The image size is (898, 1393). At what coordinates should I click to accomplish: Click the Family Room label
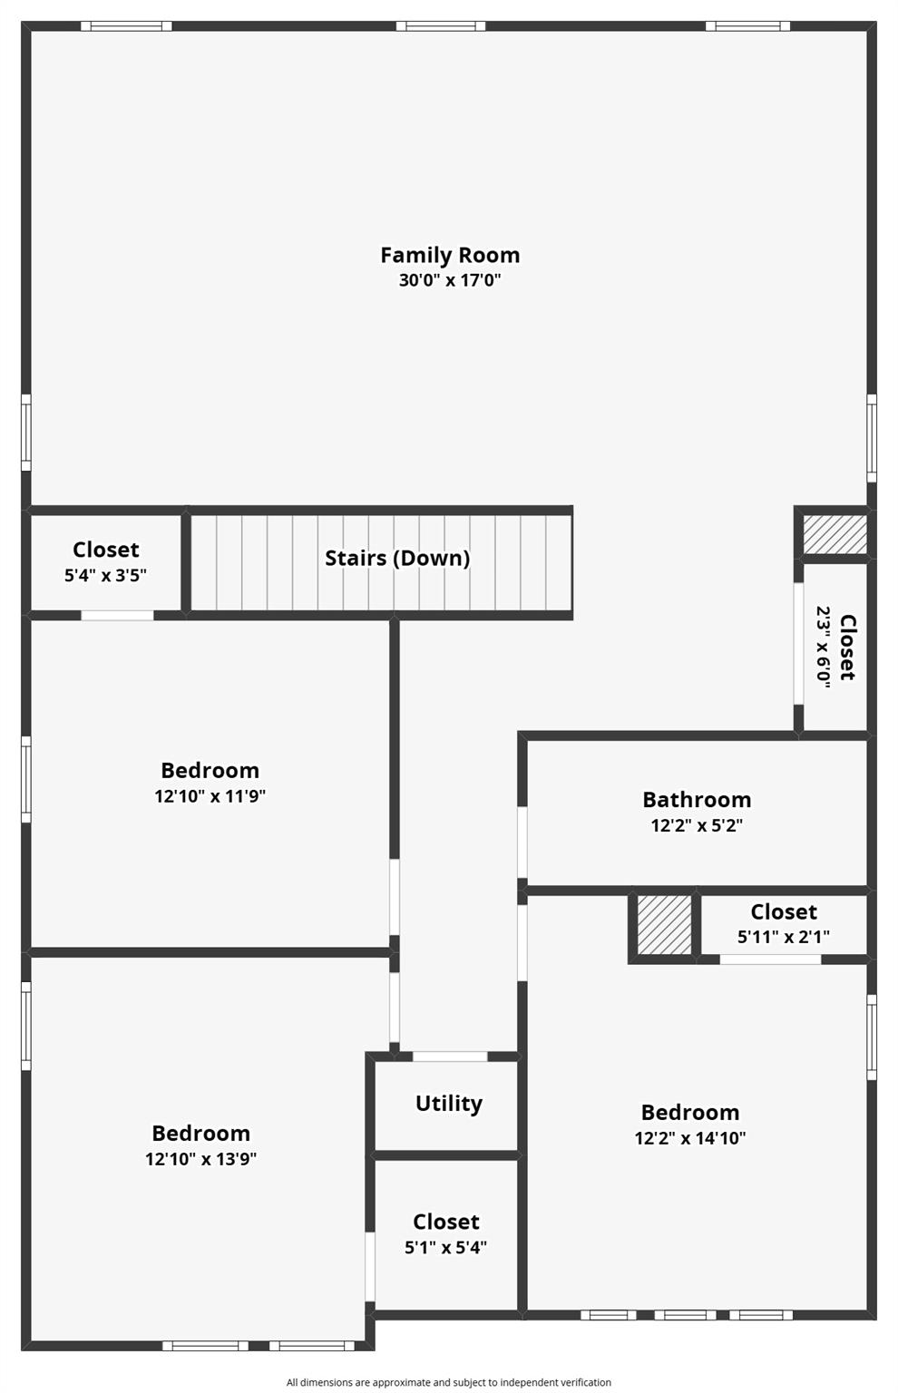pyautogui.click(x=450, y=255)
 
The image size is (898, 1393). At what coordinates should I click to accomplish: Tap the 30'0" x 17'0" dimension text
pyautogui.click(x=450, y=280)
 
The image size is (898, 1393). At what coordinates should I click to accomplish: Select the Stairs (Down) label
pyautogui.click(x=397, y=558)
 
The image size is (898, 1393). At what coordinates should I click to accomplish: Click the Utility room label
pyautogui.click(x=448, y=1104)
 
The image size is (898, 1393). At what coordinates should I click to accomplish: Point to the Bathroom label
pyautogui.click(x=697, y=800)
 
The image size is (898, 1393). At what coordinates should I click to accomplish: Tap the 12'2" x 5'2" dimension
pyautogui.click(x=697, y=825)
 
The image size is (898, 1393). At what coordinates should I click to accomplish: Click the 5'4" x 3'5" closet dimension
pyautogui.click(x=105, y=575)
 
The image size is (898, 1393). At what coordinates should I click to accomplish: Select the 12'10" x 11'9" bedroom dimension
pyautogui.click(x=210, y=796)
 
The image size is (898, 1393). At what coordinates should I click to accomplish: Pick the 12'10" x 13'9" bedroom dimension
pyautogui.click(x=200, y=1159)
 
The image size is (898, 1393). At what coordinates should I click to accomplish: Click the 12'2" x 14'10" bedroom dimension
pyautogui.click(x=689, y=1138)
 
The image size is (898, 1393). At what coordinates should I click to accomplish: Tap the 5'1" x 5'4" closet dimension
pyautogui.click(x=445, y=1247)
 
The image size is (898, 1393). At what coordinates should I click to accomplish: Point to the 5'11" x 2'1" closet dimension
pyautogui.click(x=783, y=937)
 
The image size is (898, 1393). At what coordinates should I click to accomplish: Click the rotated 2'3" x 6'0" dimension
pyautogui.click(x=824, y=647)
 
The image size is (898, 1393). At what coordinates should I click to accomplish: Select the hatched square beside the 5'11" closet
pyautogui.click(x=664, y=925)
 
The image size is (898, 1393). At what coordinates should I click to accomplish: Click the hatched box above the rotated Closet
pyautogui.click(x=835, y=534)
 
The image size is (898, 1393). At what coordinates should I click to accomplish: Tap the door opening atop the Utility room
pyautogui.click(x=450, y=1056)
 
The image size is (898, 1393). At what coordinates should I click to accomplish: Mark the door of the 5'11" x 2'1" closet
pyautogui.click(x=770, y=959)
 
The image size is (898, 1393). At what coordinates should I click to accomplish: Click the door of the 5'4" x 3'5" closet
pyautogui.click(x=117, y=616)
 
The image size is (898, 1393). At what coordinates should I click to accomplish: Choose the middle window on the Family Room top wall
pyautogui.click(x=441, y=26)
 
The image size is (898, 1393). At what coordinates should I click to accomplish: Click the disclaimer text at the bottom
pyautogui.click(x=449, y=1382)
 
